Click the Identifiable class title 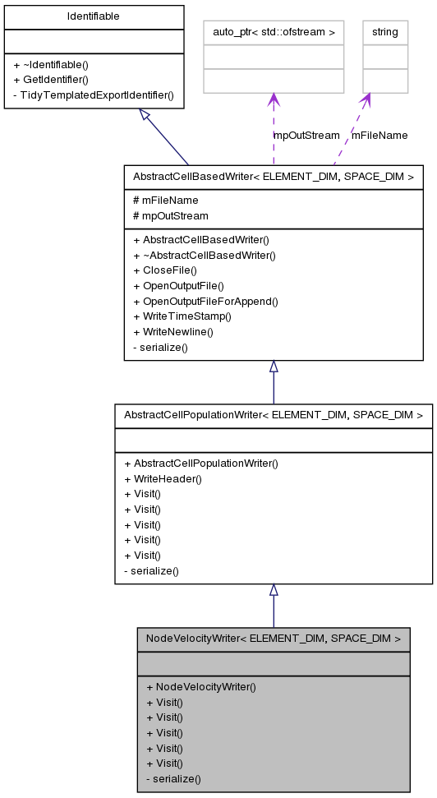(x=93, y=16)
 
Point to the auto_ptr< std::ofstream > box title (x=274, y=32)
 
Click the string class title (x=385, y=32)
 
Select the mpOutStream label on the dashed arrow (x=306, y=135)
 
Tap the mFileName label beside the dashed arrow (x=379, y=135)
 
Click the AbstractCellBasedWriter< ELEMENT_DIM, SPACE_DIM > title (x=273, y=176)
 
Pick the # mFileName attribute (x=165, y=200)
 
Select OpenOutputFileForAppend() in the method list (x=205, y=301)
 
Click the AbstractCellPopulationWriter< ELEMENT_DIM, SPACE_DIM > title (x=273, y=416)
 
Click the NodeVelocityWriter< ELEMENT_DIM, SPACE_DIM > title (x=273, y=638)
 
